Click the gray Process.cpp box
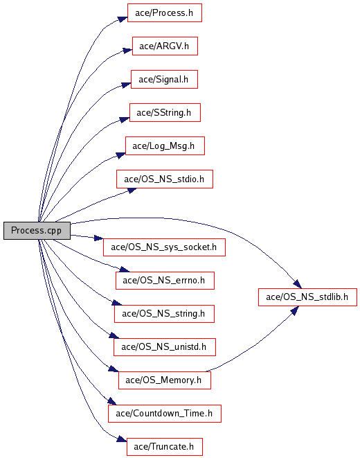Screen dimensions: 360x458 coord(37,231)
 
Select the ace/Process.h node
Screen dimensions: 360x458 coord(165,13)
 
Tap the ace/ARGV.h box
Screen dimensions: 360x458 coord(165,46)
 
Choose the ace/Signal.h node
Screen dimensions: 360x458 coord(164,80)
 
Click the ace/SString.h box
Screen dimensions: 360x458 coord(165,113)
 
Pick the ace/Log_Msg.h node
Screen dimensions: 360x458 coord(165,146)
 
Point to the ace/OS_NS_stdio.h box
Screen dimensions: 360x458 coord(165,179)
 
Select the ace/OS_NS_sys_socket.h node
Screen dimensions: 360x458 coord(164,247)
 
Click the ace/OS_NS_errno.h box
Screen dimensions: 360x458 coord(165,281)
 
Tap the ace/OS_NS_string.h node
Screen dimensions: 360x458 coord(164,314)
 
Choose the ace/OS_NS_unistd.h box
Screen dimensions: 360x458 coord(165,347)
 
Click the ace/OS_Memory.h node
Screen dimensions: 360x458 coord(165,380)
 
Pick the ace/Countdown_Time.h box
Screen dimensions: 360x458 coord(165,414)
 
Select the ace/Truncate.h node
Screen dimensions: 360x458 coord(165,447)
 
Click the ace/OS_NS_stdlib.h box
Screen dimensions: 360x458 coord(307,297)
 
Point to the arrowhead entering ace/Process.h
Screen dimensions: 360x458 coord(123,19)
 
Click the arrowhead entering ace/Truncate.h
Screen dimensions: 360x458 coord(122,439)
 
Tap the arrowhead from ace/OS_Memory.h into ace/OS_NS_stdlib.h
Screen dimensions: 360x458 coord(295,311)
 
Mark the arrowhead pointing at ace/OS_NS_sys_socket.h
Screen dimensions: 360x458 coord(98,238)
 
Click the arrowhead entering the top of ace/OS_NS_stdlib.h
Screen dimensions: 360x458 coord(298,284)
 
